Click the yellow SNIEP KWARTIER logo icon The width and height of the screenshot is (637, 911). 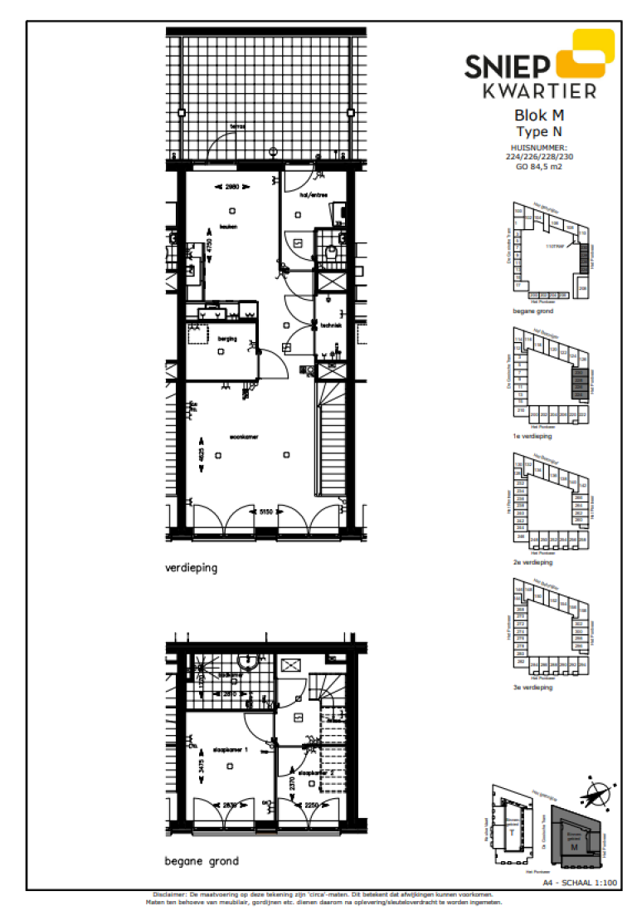(583, 55)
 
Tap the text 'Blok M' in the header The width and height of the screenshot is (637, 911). (539, 116)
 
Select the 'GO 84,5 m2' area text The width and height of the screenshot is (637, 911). (539, 165)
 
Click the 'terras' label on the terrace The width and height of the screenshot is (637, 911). (238, 126)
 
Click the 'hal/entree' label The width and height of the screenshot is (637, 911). (314, 195)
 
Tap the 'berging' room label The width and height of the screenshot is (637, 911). (226, 339)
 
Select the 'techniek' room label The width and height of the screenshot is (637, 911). (332, 326)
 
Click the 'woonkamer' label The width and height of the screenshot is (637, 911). (244, 436)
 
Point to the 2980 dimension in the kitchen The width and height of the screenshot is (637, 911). (232, 187)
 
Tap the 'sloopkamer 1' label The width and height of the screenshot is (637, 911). (231, 749)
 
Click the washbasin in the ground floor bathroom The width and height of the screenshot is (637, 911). (247, 662)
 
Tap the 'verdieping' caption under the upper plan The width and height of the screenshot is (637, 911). (190, 569)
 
